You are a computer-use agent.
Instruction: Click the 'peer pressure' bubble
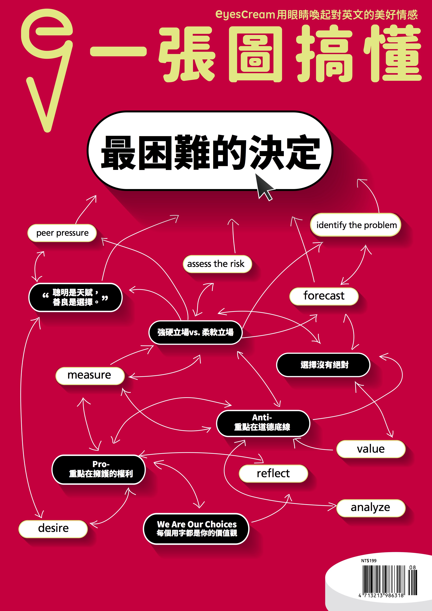click(x=62, y=233)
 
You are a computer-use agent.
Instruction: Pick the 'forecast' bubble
click(x=324, y=296)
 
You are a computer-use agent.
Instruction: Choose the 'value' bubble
click(x=371, y=449)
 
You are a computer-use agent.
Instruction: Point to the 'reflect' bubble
click(x=273, y=473)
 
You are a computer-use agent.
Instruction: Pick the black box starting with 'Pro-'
click(x=98, y=469)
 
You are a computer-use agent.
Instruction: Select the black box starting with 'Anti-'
click(x=263, y=423)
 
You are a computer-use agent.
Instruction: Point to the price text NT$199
click(x=369, y=560)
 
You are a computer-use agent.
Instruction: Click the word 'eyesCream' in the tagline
click(x=245, y=14)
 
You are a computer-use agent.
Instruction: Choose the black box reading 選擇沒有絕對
click(x=323, y=365)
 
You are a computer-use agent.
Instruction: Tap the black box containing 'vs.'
click(x=195, y=332)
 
